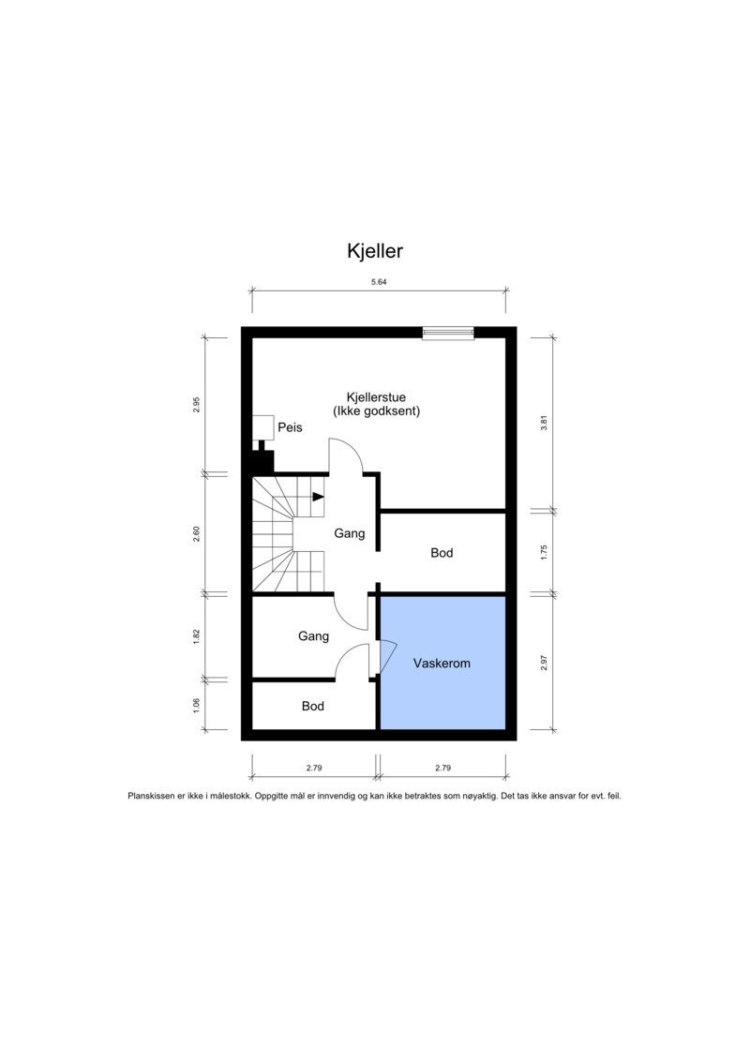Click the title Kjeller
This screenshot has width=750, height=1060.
375,251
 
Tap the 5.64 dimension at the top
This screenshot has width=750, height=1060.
379,281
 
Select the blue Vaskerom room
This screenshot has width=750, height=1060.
442,663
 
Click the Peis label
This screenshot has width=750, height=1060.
290,427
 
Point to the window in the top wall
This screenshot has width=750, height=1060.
448,332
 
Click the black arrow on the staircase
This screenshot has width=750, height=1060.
319,497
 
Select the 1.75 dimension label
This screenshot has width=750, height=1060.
544,552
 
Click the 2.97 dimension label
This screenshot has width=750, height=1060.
544,664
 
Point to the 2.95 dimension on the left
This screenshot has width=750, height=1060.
196,405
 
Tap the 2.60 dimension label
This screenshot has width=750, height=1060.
196,533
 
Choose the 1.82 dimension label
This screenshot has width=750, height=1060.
196,635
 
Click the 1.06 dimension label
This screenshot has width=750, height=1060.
196,705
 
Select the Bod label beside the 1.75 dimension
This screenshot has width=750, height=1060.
442,553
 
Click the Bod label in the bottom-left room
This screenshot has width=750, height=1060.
313,706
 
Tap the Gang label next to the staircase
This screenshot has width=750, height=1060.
350,533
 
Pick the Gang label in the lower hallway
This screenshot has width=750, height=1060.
313,636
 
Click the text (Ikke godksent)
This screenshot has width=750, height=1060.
376,411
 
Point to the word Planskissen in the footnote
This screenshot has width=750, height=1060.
152,796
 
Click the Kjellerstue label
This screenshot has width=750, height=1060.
376,397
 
